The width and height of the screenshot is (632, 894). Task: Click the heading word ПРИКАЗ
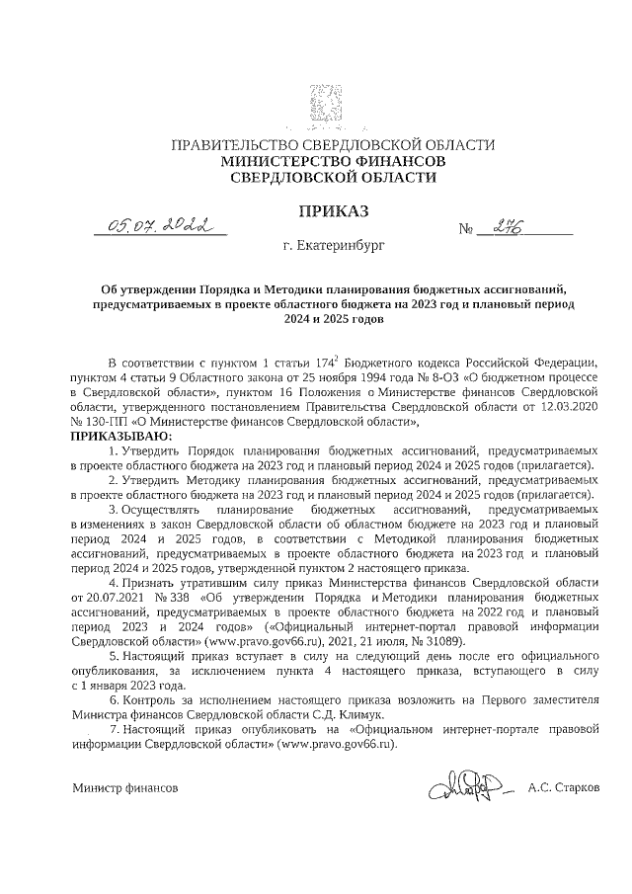pyautogui.click(x=333, y=209)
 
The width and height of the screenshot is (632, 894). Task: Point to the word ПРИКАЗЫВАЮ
pyautogui.click(x=119, y=436)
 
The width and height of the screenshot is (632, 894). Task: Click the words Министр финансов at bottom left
pyautogui.click(x=124, y=789)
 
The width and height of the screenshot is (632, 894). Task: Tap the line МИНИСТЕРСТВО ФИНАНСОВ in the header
pyautogui.click(x=333, y=160)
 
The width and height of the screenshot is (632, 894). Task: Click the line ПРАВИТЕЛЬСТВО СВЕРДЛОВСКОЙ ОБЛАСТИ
pyautogui.click(x=333, y=144)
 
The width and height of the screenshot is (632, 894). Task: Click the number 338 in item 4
pyautogui.click(x=180, y=598)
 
